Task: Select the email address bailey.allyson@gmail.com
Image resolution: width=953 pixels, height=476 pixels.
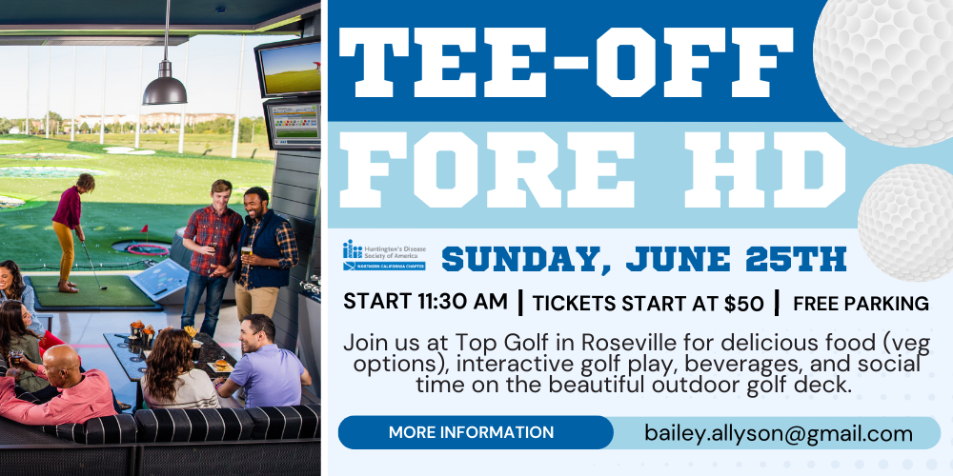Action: [779, 433]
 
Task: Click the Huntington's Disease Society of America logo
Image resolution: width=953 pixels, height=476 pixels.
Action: [384, 255]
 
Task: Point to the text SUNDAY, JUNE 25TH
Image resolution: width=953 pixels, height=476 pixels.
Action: [643, 259]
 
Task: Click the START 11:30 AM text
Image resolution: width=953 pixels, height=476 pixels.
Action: [425, 301]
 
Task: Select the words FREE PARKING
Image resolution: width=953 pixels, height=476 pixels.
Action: [861, 303]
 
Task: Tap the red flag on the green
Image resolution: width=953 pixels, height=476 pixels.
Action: [144, 229]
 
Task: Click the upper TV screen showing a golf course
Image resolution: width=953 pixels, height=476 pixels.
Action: [288, 68]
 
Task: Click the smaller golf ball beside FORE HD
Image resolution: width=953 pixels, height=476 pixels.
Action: [906, 222]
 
